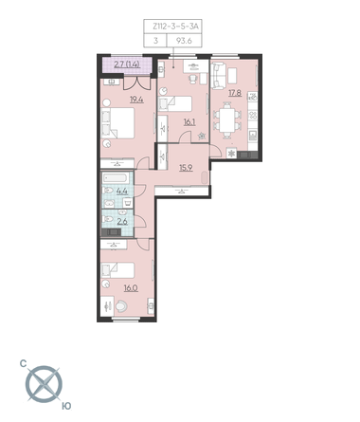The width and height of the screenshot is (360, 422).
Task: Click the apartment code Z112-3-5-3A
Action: click(x=175, y=27)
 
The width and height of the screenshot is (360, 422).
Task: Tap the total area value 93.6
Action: click(x=184, y=41)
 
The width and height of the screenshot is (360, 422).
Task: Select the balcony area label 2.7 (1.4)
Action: click(x=127, y=64)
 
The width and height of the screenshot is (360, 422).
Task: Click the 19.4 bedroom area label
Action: click(x=136, y=100)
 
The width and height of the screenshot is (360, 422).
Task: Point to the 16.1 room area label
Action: click(x=189, y=121)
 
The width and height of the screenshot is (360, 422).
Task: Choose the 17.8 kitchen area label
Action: click(x=235, y=93)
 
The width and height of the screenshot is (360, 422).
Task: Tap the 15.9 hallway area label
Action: click(x=186, y=168)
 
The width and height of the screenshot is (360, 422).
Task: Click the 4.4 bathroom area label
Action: click(x=122, y=191)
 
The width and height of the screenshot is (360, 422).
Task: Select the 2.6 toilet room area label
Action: click(x=122, y=222)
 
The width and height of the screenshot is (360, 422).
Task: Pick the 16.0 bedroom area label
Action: click(x=131, y=288)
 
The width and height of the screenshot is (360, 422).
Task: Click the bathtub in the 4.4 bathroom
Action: click(x=116, y=177)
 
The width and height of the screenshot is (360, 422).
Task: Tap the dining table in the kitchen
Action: click(x=227, y=119)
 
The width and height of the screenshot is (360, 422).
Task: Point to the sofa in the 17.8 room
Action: click(x=218, y=76)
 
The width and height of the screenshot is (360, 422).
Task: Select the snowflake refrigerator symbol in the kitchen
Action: click(x=231, y=154)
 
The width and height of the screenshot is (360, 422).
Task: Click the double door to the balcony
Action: click(x=136, y=83)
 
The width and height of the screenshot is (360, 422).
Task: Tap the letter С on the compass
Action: click(x=23, y=364)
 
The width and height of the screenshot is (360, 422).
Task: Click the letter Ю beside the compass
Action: click(x=66, y=406)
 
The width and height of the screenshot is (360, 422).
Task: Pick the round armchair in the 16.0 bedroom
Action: click(x=121, y=306)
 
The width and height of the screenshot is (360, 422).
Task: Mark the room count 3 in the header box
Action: click(x=155, y=41)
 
